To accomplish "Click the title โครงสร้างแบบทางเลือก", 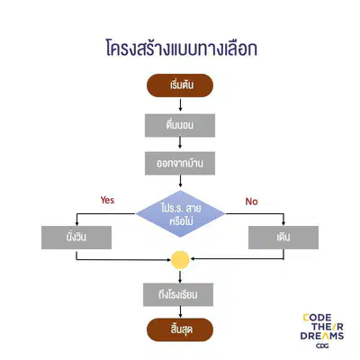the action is pos(182,49).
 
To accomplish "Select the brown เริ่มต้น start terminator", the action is pos(180,85).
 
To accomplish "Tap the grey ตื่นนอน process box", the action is pos(180,125).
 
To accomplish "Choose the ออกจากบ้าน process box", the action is pos(180,164).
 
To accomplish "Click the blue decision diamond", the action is pos(180,214).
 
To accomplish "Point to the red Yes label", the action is pos(107,200).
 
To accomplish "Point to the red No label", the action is pos(251,202).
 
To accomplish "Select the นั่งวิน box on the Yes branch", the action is pos(76,238).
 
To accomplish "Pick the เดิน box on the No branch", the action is pos(283,238).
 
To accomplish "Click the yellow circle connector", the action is pos(180,259).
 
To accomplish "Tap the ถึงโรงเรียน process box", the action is pos(178,294).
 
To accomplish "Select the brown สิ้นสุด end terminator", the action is pos(180,329).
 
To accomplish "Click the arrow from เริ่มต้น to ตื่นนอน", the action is pos(180,104).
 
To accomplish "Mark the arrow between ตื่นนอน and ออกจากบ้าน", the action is pos(180,142).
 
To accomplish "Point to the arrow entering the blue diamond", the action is pos(180,181).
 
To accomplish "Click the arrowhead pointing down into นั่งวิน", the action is pos(76,223).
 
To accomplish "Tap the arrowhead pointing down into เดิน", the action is pos(283,223).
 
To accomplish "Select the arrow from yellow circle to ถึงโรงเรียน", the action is pos(180,277).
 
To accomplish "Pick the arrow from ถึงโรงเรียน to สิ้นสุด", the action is pos(180,312).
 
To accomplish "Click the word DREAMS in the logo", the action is pos(322,336).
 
